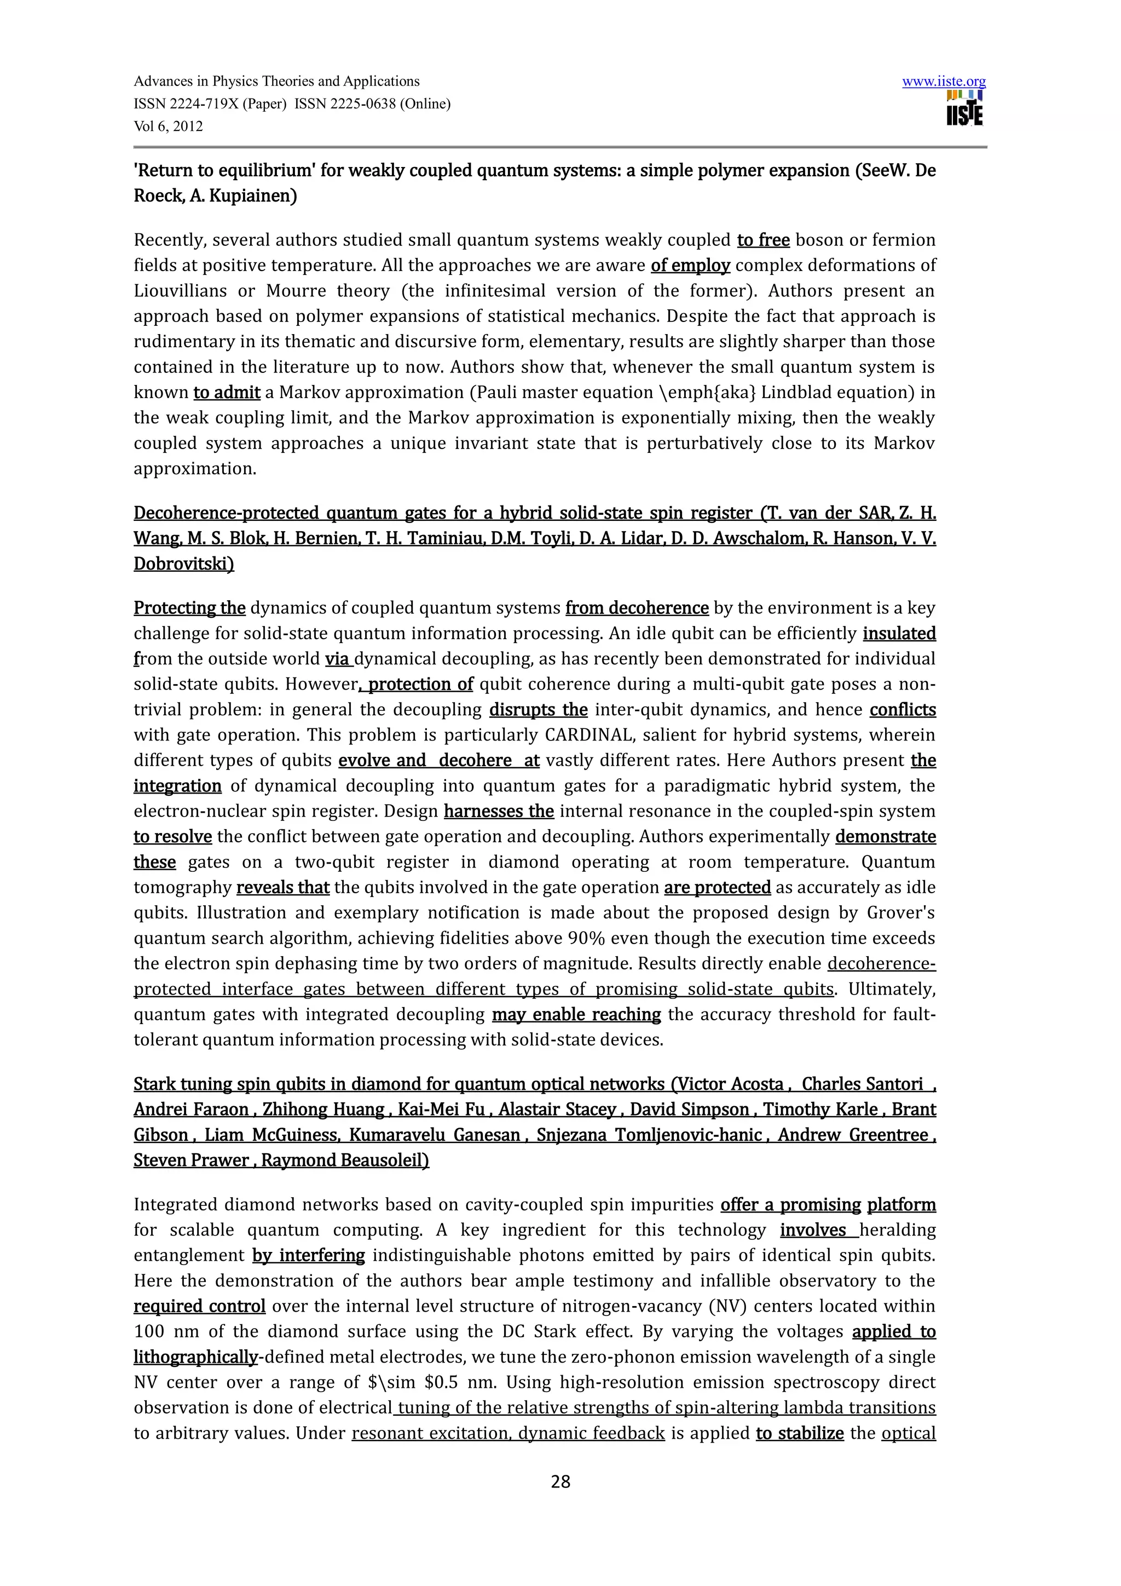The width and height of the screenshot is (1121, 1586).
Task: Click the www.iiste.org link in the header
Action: pos(944,82)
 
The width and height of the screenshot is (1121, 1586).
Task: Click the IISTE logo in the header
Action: pos(964,108)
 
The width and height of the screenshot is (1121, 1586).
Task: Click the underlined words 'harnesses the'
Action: pos(499,811)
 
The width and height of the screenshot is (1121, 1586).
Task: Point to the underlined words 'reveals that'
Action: pos(282,887)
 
